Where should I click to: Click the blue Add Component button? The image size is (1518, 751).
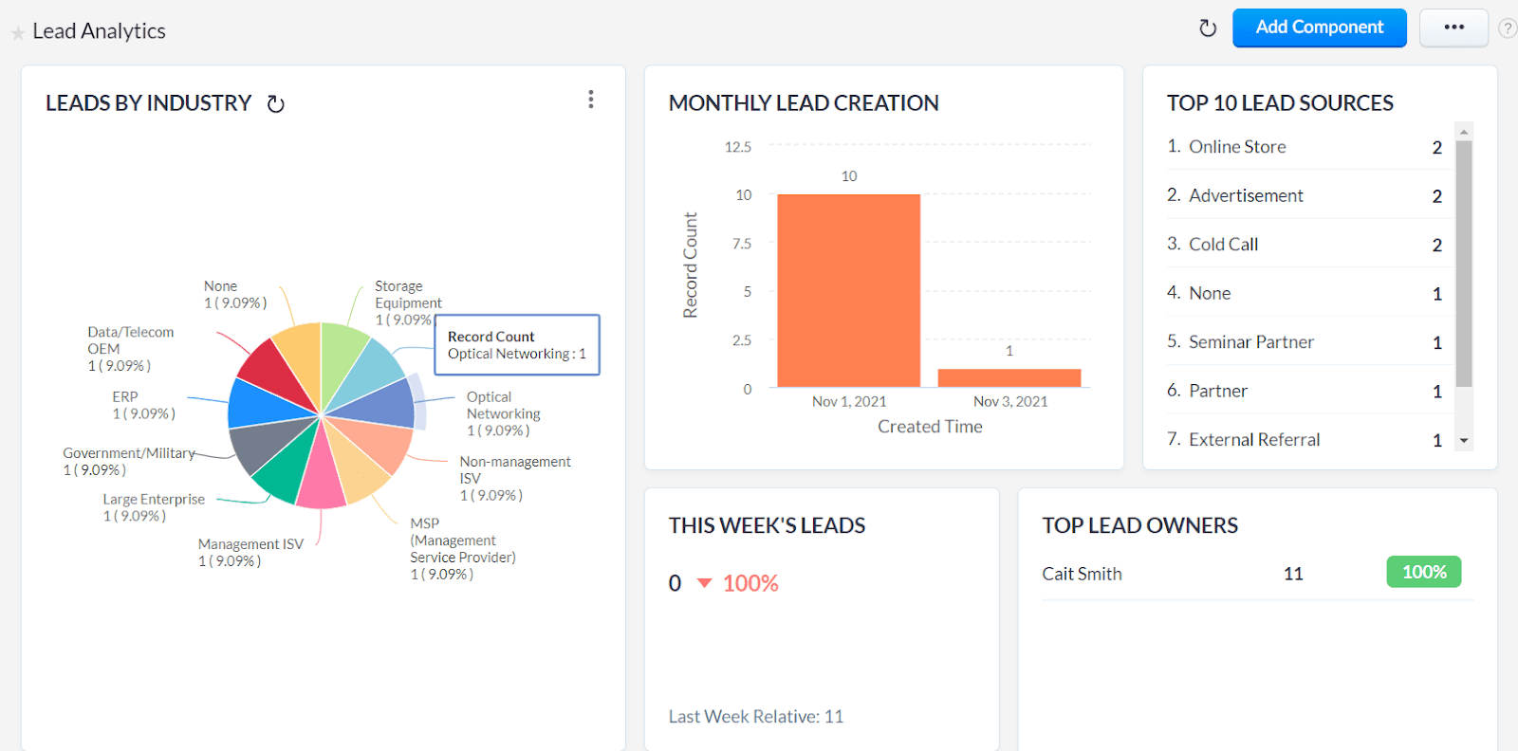(1319, 27)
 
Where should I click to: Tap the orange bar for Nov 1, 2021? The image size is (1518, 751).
(848, 290)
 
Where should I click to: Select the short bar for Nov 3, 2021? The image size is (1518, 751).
(1009, 377)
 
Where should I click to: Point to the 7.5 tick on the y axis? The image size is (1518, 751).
(742, 244)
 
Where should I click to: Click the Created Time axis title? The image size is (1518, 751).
(929, 427)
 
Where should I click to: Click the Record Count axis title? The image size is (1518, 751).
(691, 265)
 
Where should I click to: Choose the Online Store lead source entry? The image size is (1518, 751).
(1237, 147)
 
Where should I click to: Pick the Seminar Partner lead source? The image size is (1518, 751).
(1250, 342)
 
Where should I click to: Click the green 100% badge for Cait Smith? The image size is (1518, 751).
(1423, 572)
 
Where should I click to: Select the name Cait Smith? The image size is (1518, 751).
(1082, 574)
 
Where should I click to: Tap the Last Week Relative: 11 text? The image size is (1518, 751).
(755, 717)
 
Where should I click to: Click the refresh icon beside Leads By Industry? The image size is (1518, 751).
(276, 104)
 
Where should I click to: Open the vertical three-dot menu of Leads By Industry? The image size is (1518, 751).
(590, 100)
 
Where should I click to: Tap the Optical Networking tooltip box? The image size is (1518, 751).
(517, 345)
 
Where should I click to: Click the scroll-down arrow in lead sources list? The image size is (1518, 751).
(1464, 441)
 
